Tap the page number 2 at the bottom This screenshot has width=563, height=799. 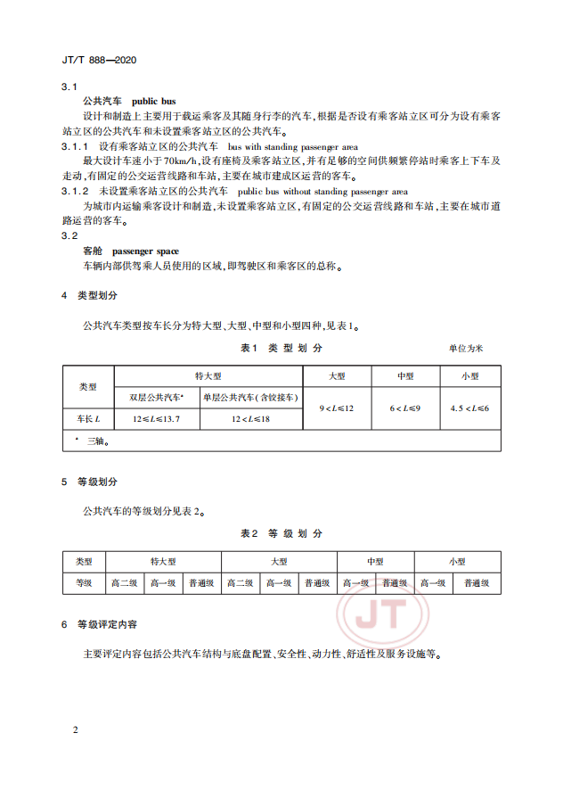point(76,730)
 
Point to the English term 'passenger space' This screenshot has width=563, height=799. point(147,251)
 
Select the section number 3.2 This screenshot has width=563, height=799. point(70,235)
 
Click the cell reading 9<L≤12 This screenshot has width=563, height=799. point(337,407)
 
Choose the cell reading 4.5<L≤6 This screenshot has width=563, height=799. point(470,407)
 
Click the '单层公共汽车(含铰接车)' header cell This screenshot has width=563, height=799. point(251,396)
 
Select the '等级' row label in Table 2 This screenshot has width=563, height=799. point(84,583)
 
